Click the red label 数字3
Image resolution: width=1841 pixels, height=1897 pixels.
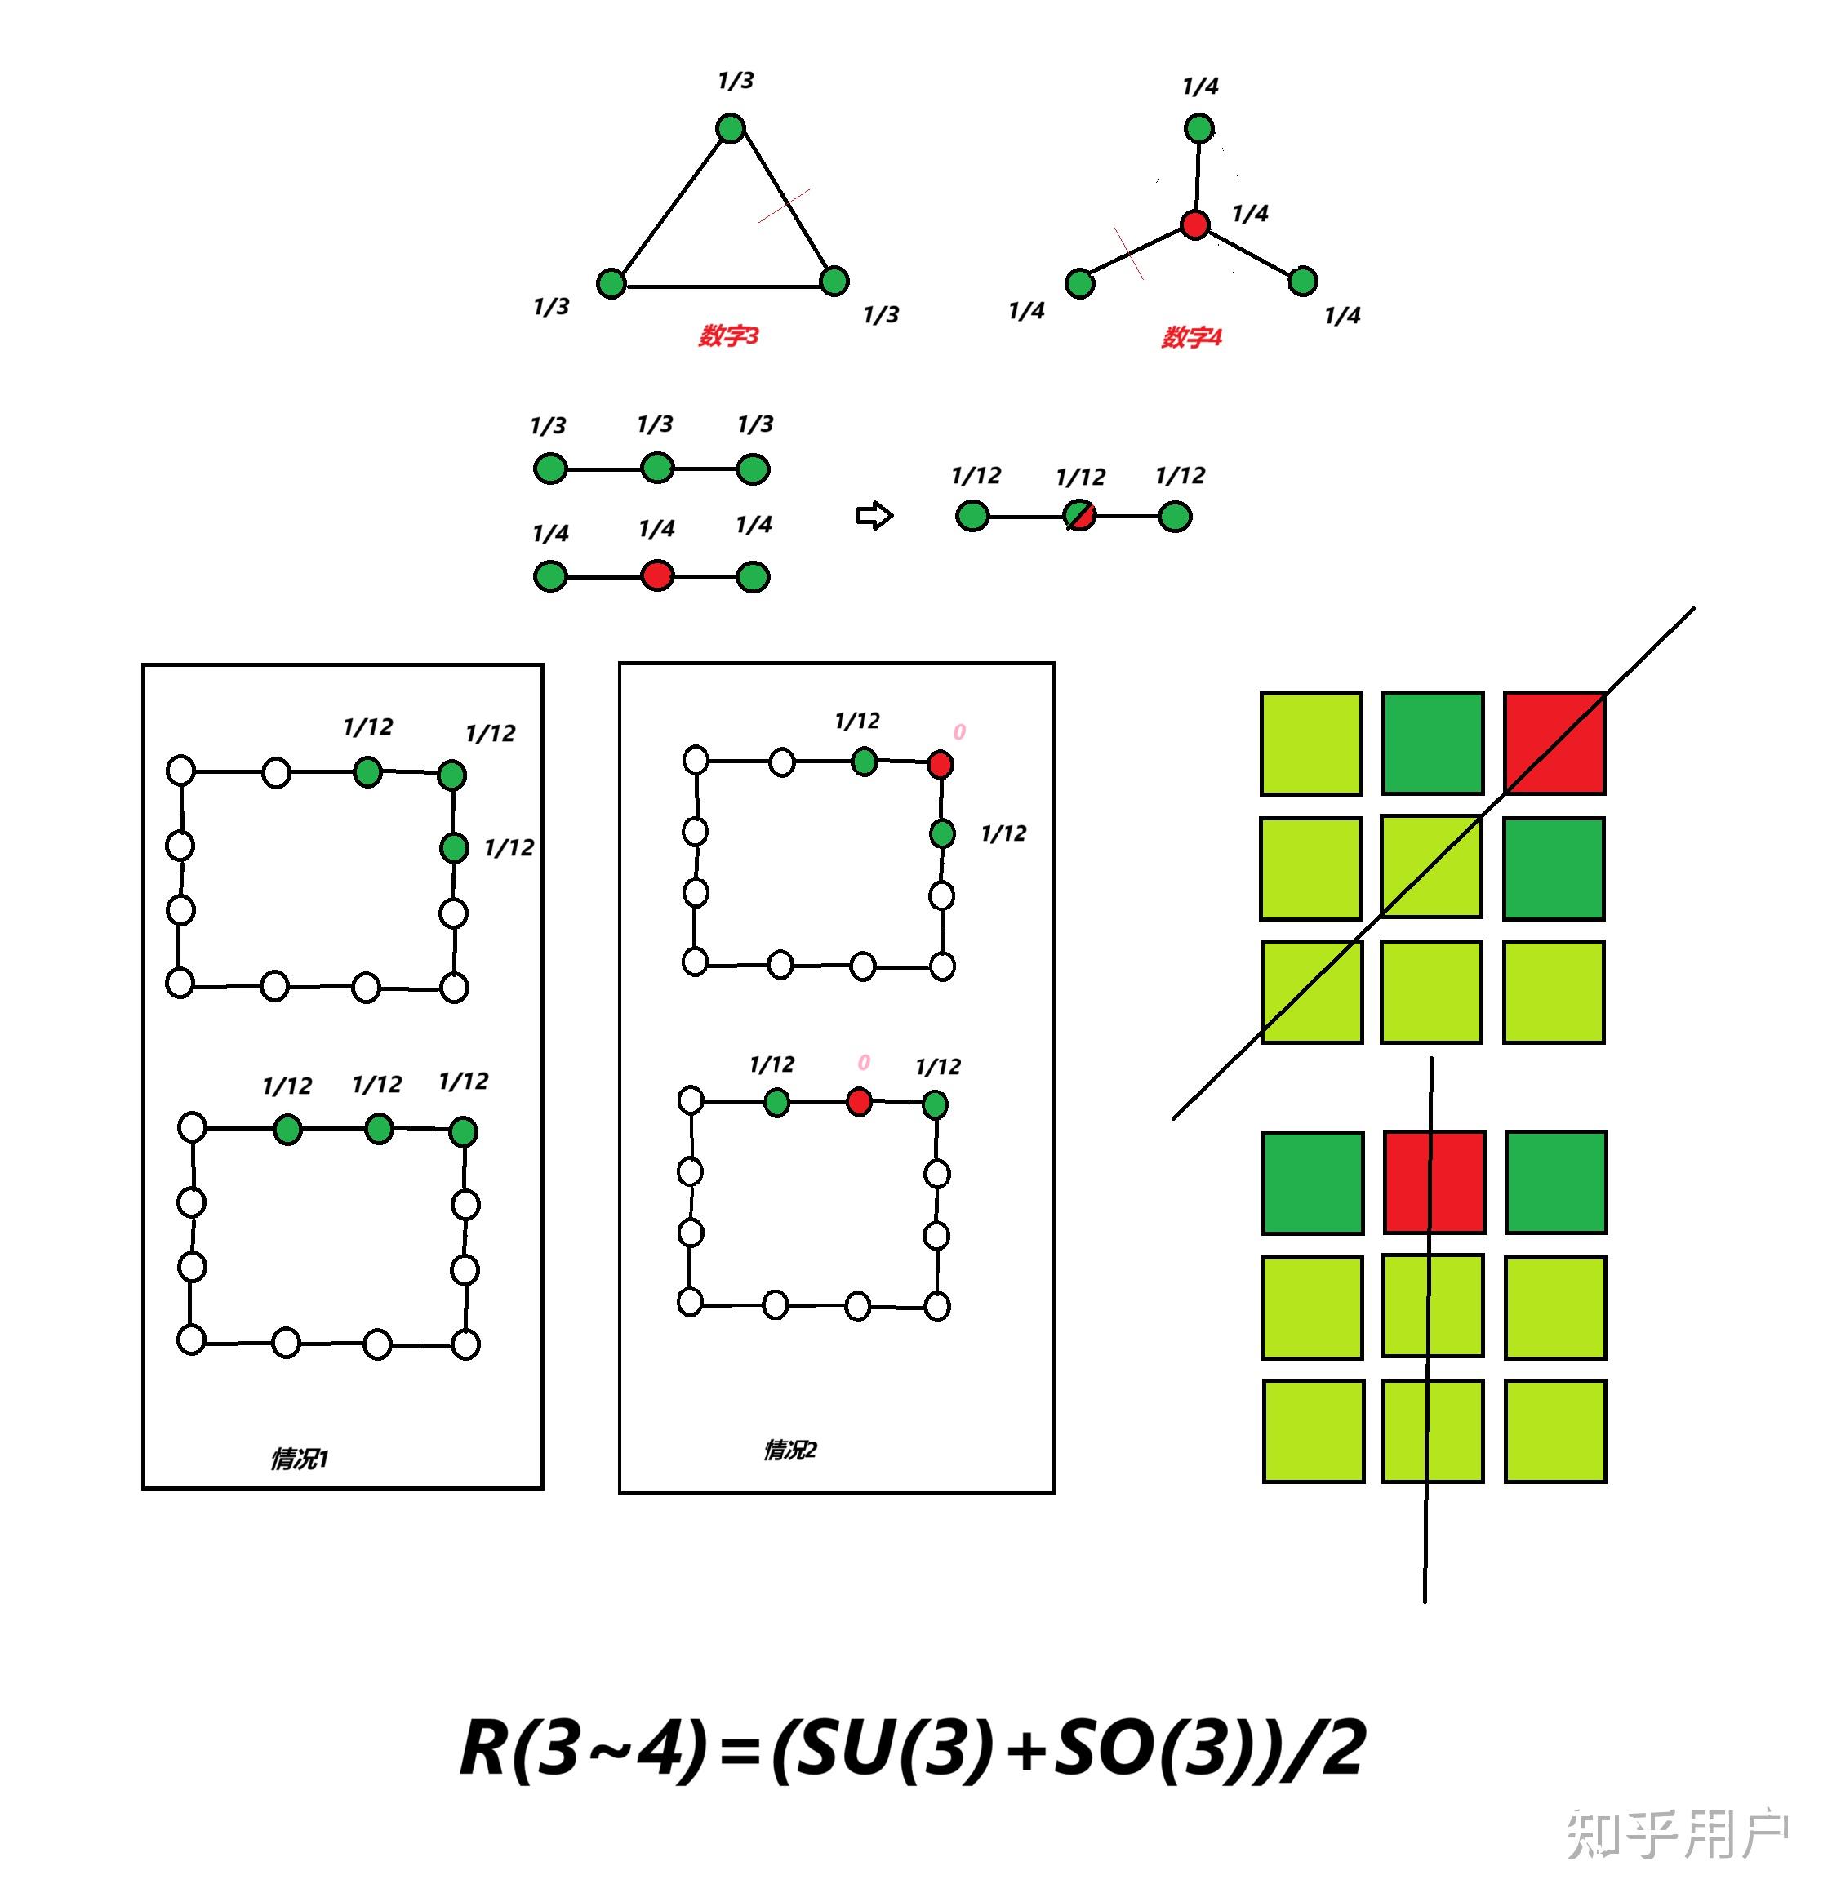[729, 335]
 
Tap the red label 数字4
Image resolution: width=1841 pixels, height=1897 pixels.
[1191, 337]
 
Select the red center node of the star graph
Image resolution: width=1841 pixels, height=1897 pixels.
[1195, 224]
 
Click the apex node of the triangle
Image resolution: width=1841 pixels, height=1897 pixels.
[731, 128]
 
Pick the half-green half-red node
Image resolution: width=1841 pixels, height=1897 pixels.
[1079, 516]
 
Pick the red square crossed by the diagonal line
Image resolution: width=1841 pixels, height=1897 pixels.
[1554, 742]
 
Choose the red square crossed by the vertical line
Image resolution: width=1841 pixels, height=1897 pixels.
[1434, 1182]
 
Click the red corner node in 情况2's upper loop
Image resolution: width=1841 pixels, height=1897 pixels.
[940, 765]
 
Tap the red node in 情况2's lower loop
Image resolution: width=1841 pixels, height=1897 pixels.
[859, 1101]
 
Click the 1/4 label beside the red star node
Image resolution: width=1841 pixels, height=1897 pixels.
[1250, 213]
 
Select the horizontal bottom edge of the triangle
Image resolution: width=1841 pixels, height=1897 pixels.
[722, 287]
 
